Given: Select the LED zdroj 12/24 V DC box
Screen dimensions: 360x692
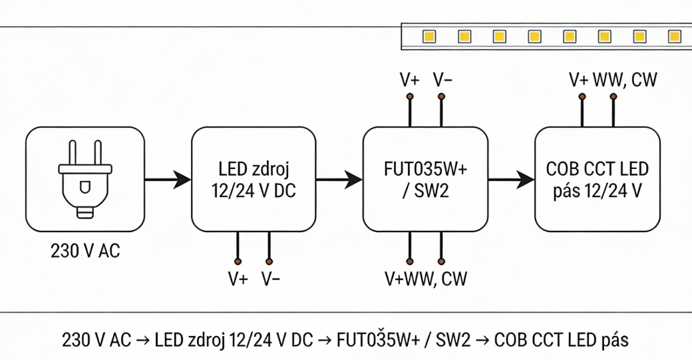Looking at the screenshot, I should pos(254,179).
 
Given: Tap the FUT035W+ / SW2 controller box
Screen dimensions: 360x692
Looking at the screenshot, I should pos(425,179).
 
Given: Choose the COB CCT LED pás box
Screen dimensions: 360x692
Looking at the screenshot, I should pos(598,179).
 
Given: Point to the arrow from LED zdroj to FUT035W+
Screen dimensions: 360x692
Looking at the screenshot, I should pos(339,179).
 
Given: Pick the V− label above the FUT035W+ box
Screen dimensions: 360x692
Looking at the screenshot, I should pos(442,81).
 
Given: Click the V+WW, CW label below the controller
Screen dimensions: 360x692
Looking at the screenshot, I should pos(426,278).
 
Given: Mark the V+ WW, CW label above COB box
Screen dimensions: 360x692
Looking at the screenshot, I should pos(613,81).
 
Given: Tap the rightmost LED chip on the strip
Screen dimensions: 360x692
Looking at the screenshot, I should pos(674,36).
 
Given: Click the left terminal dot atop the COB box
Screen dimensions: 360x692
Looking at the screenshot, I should pos(582,97).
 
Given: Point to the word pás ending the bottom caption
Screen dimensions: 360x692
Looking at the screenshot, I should pos(615,340).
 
